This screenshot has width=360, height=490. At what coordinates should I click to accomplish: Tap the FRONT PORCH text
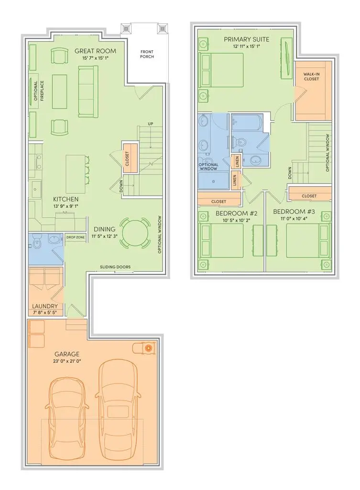point(147,55)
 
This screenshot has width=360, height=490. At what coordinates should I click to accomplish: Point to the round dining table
point(138,233)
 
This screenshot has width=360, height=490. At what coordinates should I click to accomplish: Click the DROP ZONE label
point(75,237)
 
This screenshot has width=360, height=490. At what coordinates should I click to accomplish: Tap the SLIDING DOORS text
point(115,267)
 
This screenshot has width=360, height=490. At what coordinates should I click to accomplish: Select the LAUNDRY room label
point(45,306)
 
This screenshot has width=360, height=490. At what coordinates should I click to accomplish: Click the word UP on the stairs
point(151,124)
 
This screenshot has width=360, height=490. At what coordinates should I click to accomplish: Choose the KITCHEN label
point(66,199)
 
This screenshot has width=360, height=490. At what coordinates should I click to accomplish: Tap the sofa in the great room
point(88,91)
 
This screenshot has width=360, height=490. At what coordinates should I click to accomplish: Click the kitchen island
point(75,173)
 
